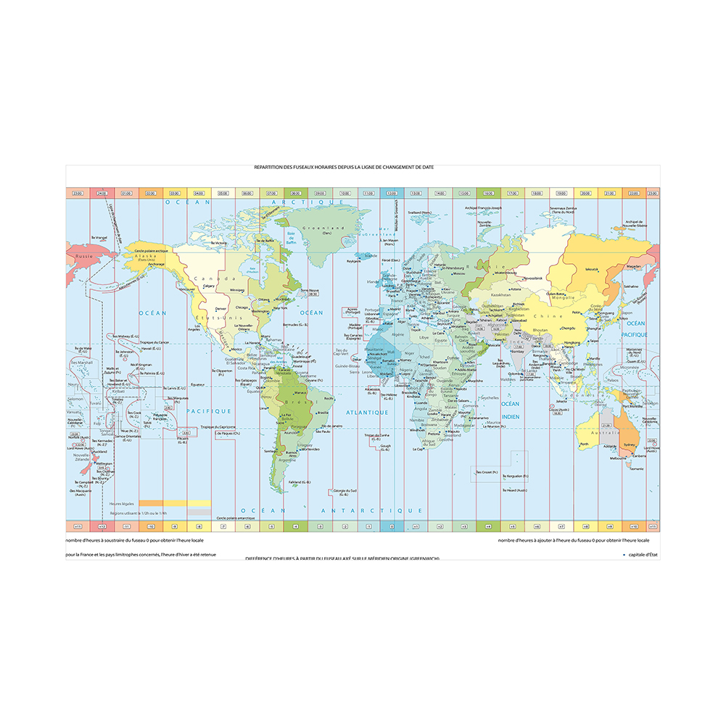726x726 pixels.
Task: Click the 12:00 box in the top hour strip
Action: tap(392, 194)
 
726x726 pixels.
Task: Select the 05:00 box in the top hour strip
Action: tap(223, 194)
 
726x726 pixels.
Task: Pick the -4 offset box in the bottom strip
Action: tap(296, 526)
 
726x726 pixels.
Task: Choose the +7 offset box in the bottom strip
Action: tap(561, 526)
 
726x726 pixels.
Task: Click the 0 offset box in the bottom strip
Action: tap(392, 526)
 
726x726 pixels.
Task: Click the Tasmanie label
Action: tap(635, 469)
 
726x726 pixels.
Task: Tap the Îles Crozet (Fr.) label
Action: tap(486, 471)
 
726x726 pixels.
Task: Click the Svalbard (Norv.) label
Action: tap(419, 213)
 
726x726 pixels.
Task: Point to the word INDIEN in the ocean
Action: tap(511, 416)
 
